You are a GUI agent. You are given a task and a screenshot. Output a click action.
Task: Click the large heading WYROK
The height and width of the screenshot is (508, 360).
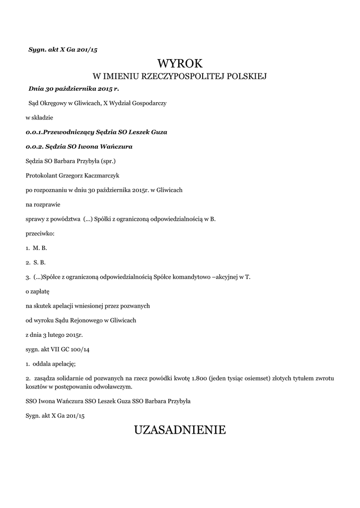(x=180, y=63)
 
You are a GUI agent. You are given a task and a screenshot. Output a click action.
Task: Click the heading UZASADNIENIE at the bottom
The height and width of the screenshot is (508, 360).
(x=180, y=429)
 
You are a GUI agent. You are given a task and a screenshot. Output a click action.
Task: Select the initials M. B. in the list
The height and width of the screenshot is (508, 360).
(x=40, y=247)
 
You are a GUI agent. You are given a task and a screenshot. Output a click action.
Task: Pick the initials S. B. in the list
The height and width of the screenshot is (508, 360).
(x=40, y=261)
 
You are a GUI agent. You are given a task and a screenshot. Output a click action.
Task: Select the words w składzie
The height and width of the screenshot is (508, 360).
(x=39, y=118)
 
